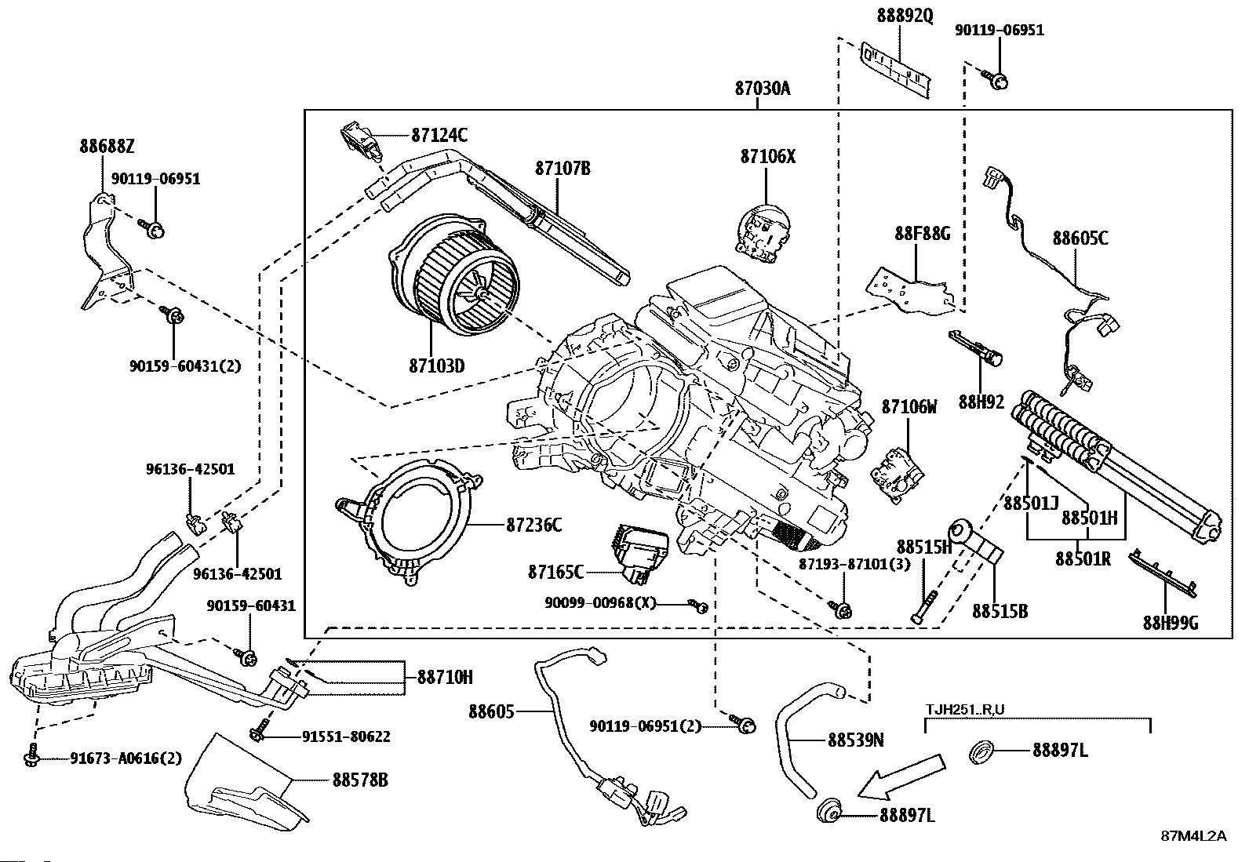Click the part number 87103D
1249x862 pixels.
[x=436, y=366]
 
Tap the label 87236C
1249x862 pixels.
[x=533, y=525]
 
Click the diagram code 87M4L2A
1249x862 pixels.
[x=1193, y=835]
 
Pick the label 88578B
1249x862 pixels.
[x=360, y=780]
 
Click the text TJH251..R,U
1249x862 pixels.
[x=965, y=711]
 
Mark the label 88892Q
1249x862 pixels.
[x=905, y=16]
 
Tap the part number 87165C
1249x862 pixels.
[x=556, y=572]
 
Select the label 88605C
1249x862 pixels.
[x=1080, y=238]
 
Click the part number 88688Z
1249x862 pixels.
[x=107, y=146]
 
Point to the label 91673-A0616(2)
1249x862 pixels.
[x=126, y=758]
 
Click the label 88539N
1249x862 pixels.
[x=856, y=740]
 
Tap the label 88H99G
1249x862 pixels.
[x=1171, y=624]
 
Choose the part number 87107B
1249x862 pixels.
[x=563, y=168]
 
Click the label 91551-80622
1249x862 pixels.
[x=346, y=737]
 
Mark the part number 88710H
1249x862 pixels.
[x=445, y=677]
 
